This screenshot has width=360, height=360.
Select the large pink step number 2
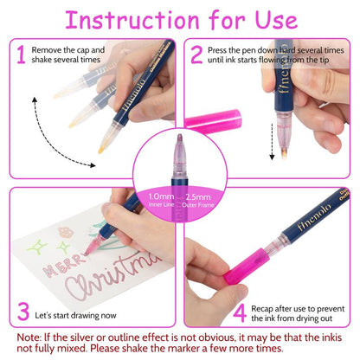pos(196,57)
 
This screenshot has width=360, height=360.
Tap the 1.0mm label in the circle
pos(158,196)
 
